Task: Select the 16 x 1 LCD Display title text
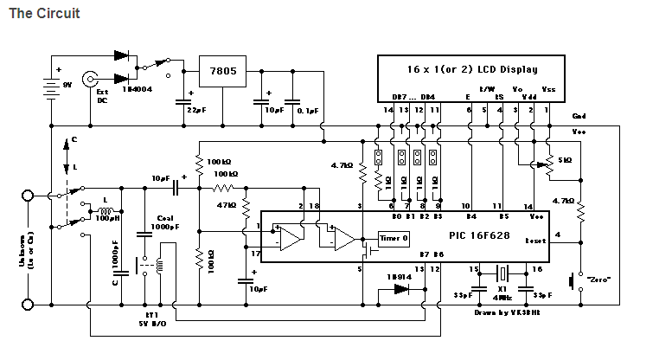[x=472, y=69]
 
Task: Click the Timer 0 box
[x=394, y=237]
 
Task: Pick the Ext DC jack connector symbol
[x=89, y=80]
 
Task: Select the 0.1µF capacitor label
[x=307, y=112]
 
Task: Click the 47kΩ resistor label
[x=227, y=206]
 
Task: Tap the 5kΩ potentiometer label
[x=565, y=160]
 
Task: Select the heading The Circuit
[x=44, y=15]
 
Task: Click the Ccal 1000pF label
[x=164, y=222]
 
